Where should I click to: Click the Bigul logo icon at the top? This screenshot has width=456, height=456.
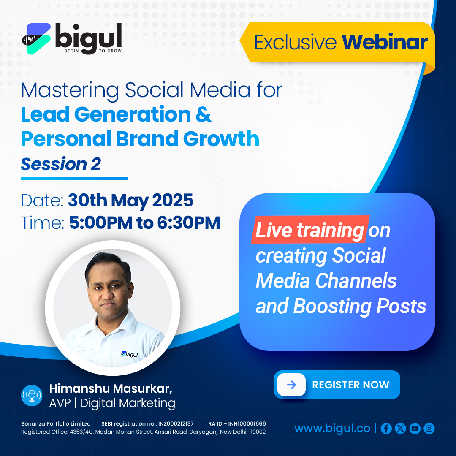(x=36, y=38)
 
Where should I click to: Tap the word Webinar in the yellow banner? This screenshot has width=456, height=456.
(x=385, y=42)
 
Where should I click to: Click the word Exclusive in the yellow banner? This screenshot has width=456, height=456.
(x=295, y=43)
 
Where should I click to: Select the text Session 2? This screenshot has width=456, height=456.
(x=61, y=164)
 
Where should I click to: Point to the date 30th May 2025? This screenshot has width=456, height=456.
(x=130, y=201)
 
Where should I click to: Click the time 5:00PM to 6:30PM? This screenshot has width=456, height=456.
(x=144, y=223)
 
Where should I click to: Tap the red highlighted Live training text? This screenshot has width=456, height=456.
(x=310, y=229)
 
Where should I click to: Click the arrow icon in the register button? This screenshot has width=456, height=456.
(x=291, y=385)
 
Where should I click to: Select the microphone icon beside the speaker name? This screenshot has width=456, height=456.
(x=32, y=395)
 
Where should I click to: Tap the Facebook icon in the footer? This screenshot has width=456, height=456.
(x=386, y=429)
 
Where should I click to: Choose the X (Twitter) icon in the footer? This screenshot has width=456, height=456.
(x=400, y=429)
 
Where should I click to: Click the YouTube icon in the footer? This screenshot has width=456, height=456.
(x=415, y=429)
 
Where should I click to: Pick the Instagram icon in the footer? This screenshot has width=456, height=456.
(x=429, y=429)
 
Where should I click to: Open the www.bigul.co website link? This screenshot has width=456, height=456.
(x=332, y=429)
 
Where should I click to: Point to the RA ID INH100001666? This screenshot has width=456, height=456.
(x=237, y=424)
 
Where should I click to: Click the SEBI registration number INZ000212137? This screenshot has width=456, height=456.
(x=147, y=424)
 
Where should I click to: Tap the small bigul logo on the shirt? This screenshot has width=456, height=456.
(x=130, y=354)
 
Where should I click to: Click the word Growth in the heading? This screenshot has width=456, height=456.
(x=221, y=139)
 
